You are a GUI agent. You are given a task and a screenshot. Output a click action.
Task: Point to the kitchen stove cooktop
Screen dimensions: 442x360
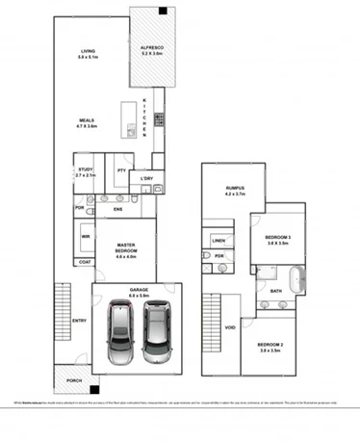coord(158,120)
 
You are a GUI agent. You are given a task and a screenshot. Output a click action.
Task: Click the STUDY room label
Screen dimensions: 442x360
coord(85,171)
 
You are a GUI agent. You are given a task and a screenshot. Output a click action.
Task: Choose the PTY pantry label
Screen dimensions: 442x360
coord(121,170)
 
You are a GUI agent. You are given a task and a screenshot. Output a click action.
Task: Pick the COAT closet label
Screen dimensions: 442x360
coord(86,262)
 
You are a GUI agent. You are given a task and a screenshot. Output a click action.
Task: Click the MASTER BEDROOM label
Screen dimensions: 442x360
coord(129,252)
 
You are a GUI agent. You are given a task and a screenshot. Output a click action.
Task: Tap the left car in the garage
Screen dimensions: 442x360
coord(123,333)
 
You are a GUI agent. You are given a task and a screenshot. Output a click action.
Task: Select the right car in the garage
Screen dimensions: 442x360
coord(156,333)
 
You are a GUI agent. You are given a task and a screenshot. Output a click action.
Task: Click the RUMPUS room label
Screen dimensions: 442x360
coord(234,191)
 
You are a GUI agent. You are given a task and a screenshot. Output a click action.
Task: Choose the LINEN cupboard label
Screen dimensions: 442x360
coord(219,240)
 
